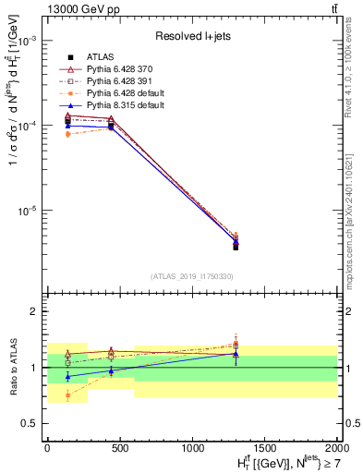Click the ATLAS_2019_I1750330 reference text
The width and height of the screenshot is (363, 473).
pyautogui.click(x=192, y=276)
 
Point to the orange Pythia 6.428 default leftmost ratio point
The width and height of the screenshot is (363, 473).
pyautogui.click(x=67, y=394)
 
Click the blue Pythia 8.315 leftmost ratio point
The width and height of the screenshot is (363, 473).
pyautogui.click(x=67, y=376)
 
